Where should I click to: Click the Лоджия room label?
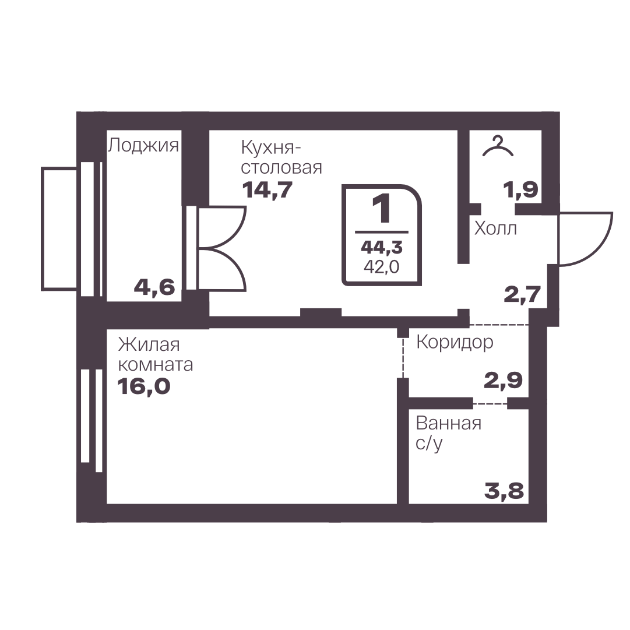(143, 146)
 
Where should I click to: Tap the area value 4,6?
(154, 287)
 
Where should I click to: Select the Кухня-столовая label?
(281, 157)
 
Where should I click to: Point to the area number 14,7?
(267, 190)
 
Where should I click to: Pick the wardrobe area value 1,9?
(520, 189)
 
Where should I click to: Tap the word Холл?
(495, 228)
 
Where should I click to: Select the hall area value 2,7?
(522, 294)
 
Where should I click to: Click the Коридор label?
(455, 342)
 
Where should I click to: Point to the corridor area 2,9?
(503, 381)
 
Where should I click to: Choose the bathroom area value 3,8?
(504, 491)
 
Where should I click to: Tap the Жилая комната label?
(156, 355)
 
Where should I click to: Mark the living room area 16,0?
(144, 386)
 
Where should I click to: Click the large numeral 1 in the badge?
(382, 209)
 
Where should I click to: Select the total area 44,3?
(382, 248)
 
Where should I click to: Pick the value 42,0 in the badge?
(382, 267)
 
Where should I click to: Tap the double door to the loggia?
(220, 248)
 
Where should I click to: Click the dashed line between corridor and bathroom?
(490, 403)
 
